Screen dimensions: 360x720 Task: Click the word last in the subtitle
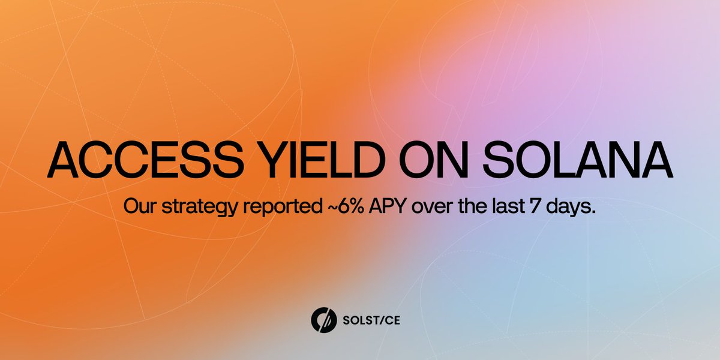pyautogui.click(x=505, y=206)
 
